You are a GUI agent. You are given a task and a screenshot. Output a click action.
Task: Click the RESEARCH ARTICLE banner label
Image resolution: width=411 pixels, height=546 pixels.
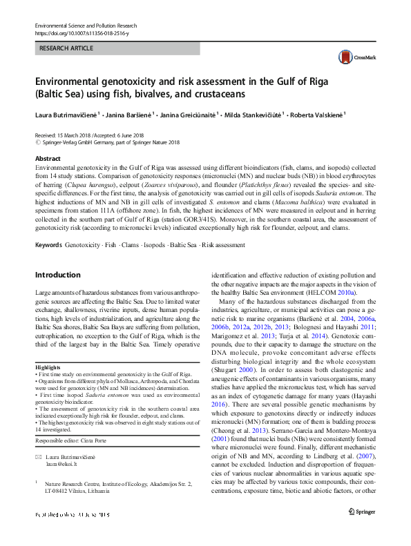pos(68,49)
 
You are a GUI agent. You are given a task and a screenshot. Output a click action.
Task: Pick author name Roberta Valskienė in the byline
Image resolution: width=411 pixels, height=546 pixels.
pos(317,115)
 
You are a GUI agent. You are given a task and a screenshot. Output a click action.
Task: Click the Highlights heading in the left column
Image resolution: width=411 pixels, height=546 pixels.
pos(48,367)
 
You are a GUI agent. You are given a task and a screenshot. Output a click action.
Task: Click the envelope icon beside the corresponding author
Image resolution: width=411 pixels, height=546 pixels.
pos(39,458)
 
